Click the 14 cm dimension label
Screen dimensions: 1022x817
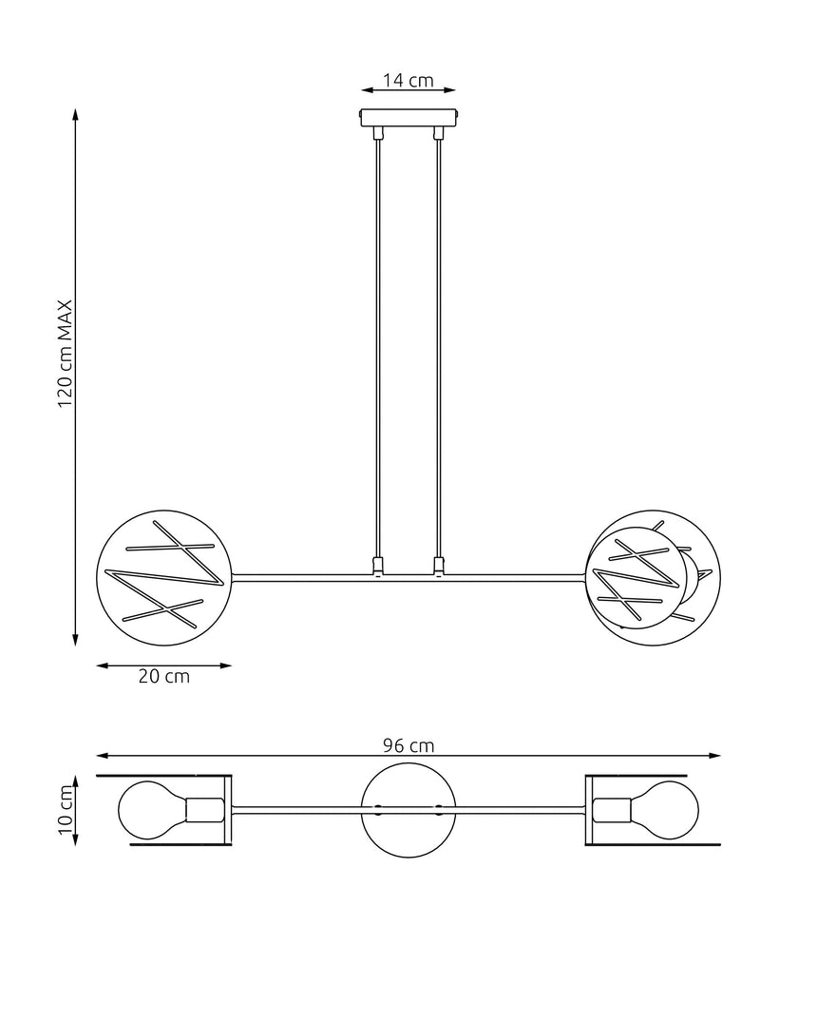coord(408,81)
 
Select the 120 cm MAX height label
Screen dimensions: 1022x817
coord(66,355)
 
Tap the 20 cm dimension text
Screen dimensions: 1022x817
coord(163,677)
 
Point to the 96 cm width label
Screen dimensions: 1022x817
coord(408,745)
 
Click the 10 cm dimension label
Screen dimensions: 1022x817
coord(66,810)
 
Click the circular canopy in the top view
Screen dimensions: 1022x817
coord(408,810)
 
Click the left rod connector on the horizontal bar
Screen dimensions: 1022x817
coord(378,567)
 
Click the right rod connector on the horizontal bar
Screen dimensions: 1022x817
coord(438,567)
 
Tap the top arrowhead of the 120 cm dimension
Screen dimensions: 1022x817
coord(76,114)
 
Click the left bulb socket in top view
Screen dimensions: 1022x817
coord(204,810)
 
